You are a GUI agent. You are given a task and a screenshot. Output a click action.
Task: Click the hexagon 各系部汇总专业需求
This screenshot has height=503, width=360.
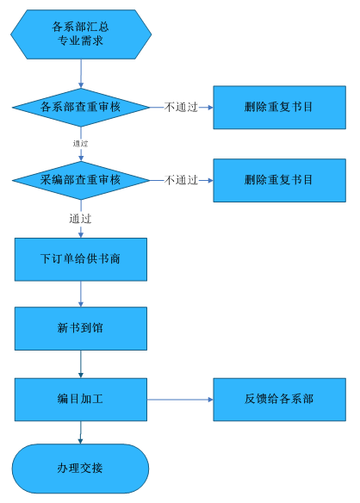[x=81, y=34]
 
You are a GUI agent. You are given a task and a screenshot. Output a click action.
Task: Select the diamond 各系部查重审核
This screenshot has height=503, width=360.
[x=81, y=107]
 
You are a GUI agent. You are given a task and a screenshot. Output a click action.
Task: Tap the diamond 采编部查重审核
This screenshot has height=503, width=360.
[x=81, y=180]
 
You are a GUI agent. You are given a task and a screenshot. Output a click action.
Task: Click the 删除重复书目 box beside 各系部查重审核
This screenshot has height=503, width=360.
[x=279, y=108]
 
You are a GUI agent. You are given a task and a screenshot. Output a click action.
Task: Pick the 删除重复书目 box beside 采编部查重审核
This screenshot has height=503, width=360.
[x=279, y=180]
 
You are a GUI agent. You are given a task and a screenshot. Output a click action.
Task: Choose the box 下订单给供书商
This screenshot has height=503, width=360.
[x=81, y=259]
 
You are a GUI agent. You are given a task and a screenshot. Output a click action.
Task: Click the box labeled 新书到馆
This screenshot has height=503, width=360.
[x=81, y=328]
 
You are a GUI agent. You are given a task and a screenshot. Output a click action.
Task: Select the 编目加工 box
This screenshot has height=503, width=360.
[x=81, y=400]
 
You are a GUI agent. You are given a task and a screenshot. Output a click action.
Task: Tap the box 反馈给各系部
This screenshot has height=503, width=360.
[x=279, y=400]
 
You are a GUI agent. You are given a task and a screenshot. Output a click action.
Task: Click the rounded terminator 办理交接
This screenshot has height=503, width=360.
[x=81, y=469]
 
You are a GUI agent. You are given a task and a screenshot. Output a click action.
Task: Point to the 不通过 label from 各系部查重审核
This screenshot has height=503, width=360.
[x=181, y=107]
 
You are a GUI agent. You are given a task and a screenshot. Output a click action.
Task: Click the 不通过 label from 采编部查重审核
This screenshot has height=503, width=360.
[x=181, y=180]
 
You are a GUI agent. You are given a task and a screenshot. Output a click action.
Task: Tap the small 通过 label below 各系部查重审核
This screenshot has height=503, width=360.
[x=80, y=144]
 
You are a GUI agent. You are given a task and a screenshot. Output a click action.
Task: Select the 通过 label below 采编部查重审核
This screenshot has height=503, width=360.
[x=80, y=219]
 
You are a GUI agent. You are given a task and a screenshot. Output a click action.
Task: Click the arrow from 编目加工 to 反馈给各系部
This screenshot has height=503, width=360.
[x=180, y=400]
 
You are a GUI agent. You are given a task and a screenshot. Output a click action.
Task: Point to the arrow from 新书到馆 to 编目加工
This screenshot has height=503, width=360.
[x=81, y=364]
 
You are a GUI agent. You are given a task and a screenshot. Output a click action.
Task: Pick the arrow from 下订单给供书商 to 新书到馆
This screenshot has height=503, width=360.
[x=81, y=294]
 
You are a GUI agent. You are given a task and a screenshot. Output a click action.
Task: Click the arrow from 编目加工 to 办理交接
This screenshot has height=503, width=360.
[x=81, y=432]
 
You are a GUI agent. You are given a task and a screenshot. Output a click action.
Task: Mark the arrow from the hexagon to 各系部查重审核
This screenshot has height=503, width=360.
[x=81, y=73]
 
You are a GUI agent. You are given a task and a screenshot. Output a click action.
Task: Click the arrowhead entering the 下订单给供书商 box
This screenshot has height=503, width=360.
[x=81, y=235]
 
